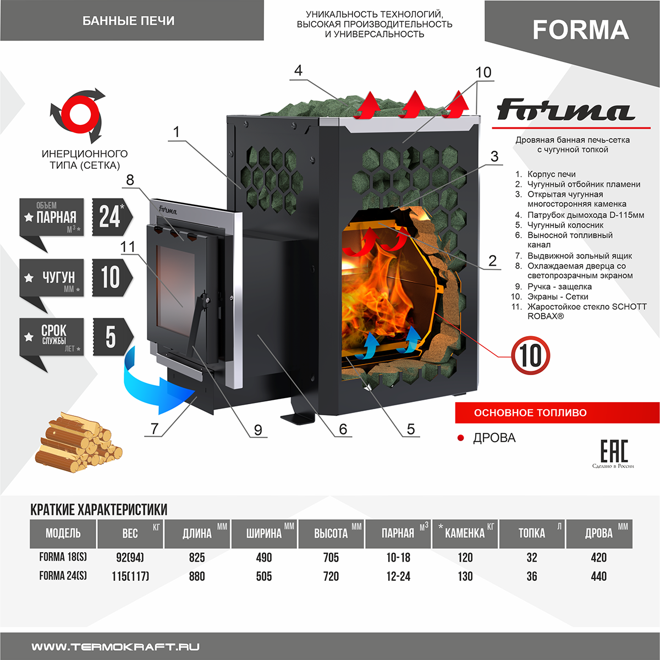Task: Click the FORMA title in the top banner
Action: coord(580,30)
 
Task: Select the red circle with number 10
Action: coord(530,355)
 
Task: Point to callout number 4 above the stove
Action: coord(298,71)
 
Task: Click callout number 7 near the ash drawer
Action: coord(155,428)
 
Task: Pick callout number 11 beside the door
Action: coord(128,247)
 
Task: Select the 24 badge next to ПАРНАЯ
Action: coord(111,217)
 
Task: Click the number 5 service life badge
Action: coord(111,337)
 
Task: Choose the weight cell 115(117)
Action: coord(130,576)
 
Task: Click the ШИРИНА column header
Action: coord(264,533)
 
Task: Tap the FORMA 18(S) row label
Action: coord(63,557)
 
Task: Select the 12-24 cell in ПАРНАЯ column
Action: coord(398,576)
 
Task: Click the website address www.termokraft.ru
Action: coord(116,647)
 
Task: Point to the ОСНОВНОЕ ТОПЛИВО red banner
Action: coord(557,413)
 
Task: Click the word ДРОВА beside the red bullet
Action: coord(494,438)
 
